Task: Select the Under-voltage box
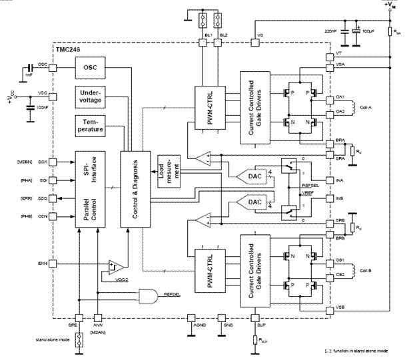(x=93, y=96)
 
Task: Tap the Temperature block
(x=93, y=126)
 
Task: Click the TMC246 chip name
(x=68, y=50)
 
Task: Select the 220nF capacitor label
(x=331, y=31)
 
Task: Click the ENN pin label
(x=43, y=263)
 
